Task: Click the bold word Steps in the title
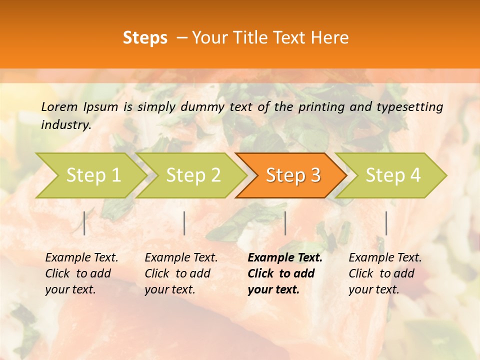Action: [x=145, y=38]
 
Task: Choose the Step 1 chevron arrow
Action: [x=90, y=175]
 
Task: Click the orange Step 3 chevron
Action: [x=291, y=175]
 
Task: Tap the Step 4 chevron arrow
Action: [x=391, y=175]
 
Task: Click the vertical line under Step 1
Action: [x=84, y=223]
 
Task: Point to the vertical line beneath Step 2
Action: [x=184, y=223]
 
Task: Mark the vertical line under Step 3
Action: [x=285, y=223]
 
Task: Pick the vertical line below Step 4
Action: [x=386, y=223]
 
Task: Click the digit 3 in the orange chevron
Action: [x=315, y=175]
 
